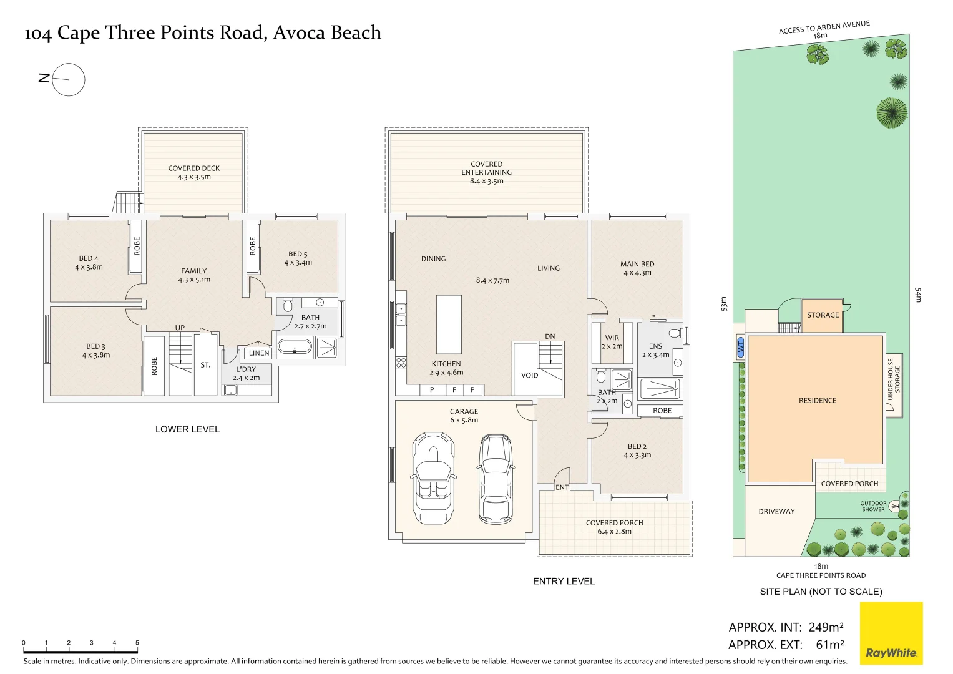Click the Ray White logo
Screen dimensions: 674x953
click(x=891, y=633)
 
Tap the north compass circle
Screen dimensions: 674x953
click(x=68, y=80)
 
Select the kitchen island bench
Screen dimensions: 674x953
click(x=449, y=325)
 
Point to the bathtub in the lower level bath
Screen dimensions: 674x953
click(x=294, y=348)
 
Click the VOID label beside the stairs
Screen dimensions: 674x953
click(x=529, y=375)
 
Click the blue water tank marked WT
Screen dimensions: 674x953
click(x=741, y=348)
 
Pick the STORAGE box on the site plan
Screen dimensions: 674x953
click(x=823, y=315)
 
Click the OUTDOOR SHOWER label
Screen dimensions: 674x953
click(x=873, y=506)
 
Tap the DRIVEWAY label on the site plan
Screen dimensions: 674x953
click(x=776, y=511)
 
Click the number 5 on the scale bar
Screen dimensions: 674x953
click(x=137, y=643)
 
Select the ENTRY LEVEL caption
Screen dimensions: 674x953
click(x=564, y=581)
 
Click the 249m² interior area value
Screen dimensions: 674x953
click(x=826, y=627)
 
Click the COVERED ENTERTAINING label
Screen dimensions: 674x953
click(x=487, y=172)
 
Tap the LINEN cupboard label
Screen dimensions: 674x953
click(x=259, y=353)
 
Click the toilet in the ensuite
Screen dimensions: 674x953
click(x=674, y=333)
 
